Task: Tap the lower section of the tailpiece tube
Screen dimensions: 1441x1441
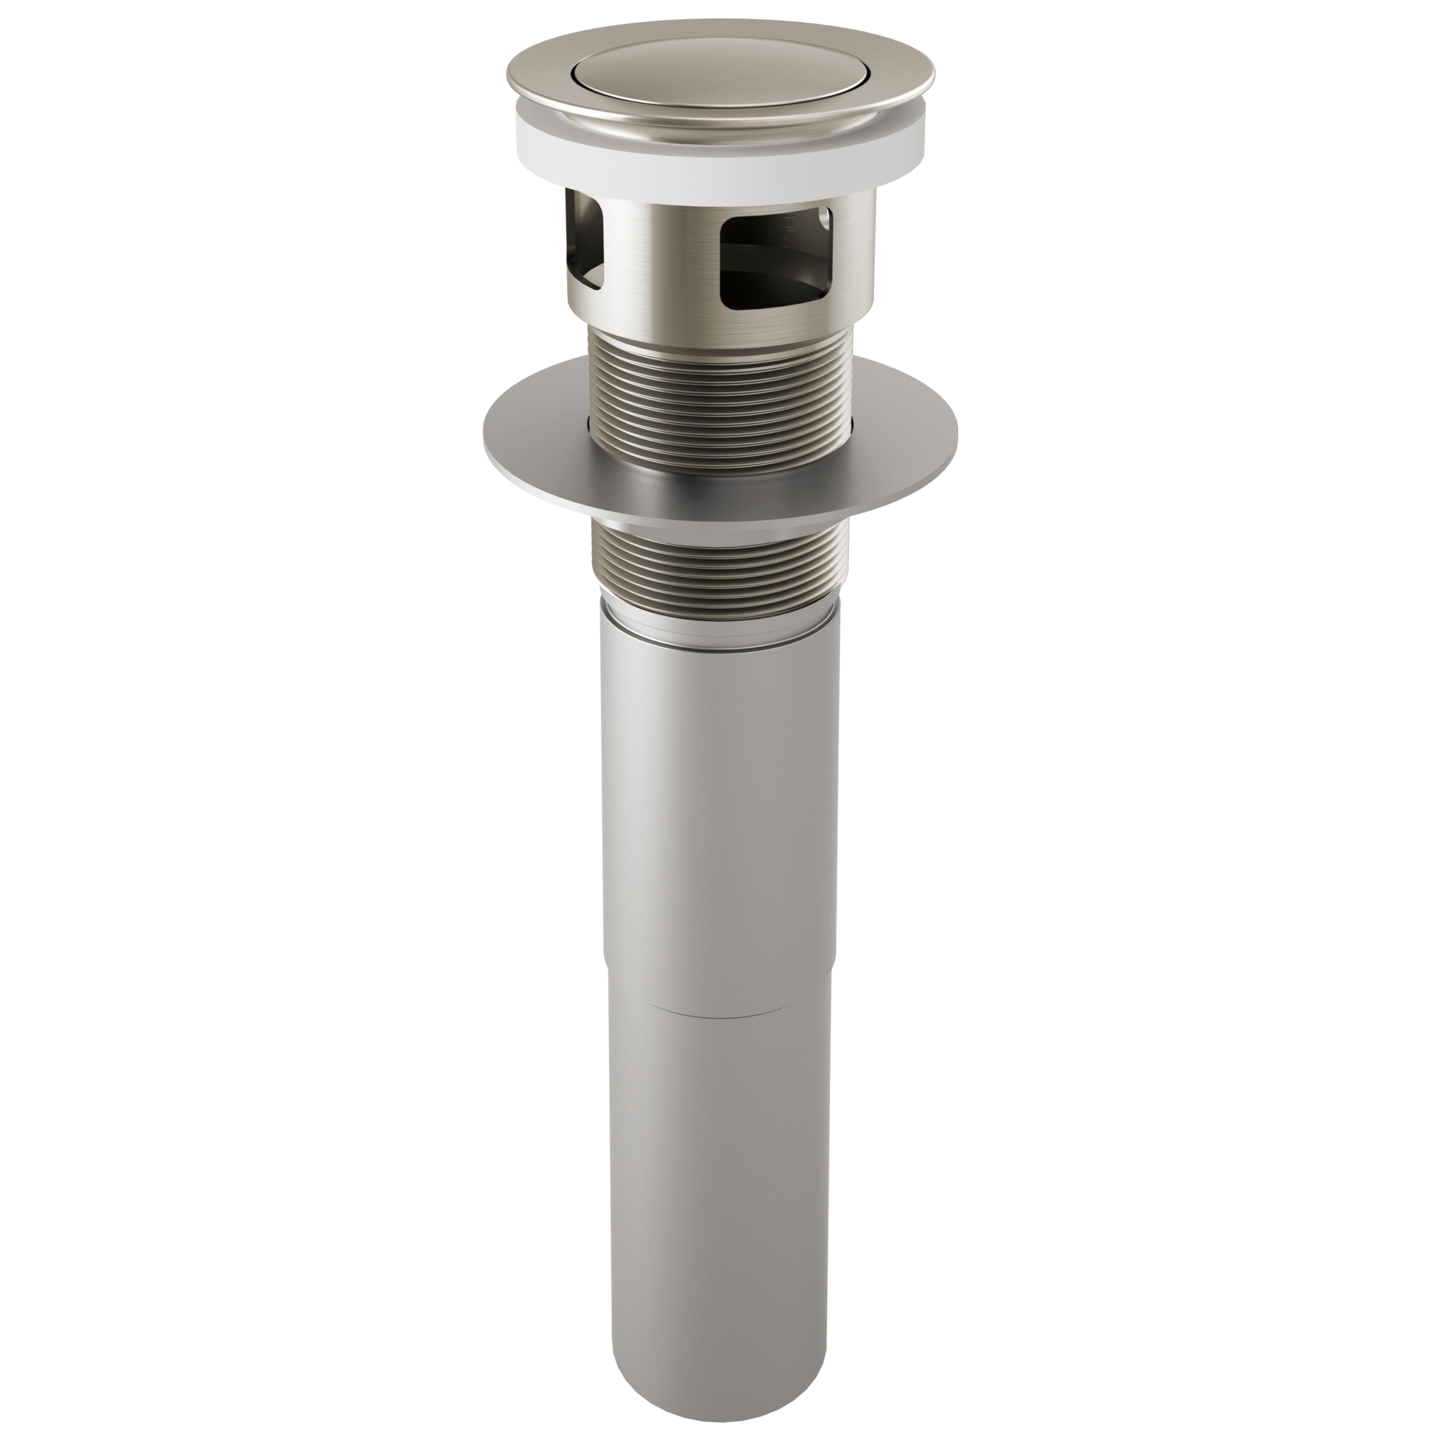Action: click(720, 1193)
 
